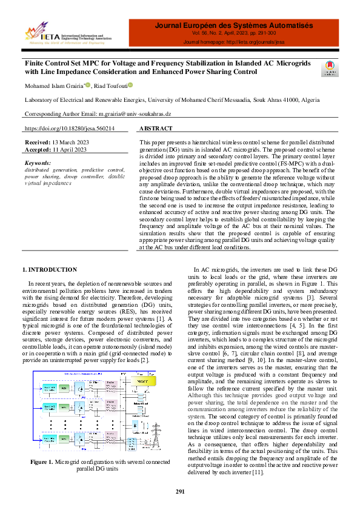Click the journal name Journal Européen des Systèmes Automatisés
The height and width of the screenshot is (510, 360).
[x=234, y=25]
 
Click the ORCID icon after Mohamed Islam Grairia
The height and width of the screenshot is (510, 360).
[x=87, y=85]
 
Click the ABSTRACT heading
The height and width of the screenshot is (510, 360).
[x=156, y=129]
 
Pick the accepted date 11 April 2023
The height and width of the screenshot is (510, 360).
[x=71, y=149]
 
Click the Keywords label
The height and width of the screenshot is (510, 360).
[x=38, y=163]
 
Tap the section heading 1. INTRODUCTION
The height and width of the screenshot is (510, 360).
[x=50, y=269]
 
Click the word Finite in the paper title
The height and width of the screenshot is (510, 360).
[x=36, y=63]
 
